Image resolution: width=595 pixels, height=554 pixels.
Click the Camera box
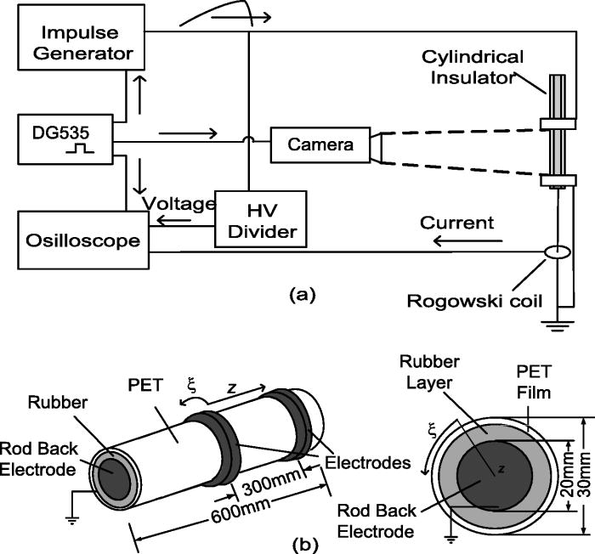pos(320,145)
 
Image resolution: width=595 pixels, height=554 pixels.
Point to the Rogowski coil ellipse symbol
pos(556,252)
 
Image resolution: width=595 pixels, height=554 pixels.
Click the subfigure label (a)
pos(303,295)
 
